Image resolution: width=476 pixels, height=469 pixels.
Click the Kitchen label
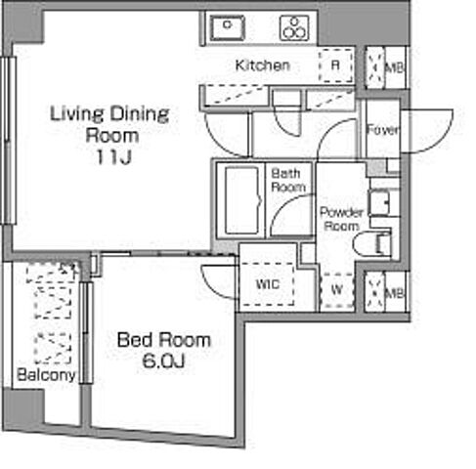point(262,65)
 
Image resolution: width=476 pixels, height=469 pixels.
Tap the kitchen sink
point(228,28)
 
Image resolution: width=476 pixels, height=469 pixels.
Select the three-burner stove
point(294,28)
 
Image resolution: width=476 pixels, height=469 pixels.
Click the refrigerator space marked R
point(335,65)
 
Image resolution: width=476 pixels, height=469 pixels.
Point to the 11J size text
point(113,157)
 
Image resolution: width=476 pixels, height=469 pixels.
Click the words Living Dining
point(109,114)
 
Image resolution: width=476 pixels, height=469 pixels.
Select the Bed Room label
point(164,340)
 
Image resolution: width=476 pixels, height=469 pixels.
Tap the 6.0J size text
point(164,361)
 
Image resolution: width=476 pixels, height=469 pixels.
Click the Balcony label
point(46,375)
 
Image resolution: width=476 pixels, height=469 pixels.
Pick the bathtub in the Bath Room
point(242,200)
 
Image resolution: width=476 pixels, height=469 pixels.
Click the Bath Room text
point(288,180)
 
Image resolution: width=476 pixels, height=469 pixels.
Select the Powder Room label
point(341,219)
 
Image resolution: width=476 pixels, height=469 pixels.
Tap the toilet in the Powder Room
point(372,244)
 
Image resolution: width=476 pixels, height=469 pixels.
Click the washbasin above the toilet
point(379,203)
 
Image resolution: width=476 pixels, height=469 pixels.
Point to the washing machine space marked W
point(337,289)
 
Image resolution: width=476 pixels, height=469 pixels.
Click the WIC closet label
point(268,284)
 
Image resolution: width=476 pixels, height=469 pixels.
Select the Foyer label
point(383,130)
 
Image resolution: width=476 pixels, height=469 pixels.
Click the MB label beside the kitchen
point(394,67)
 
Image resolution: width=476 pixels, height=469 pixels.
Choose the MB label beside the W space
point(394,293)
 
